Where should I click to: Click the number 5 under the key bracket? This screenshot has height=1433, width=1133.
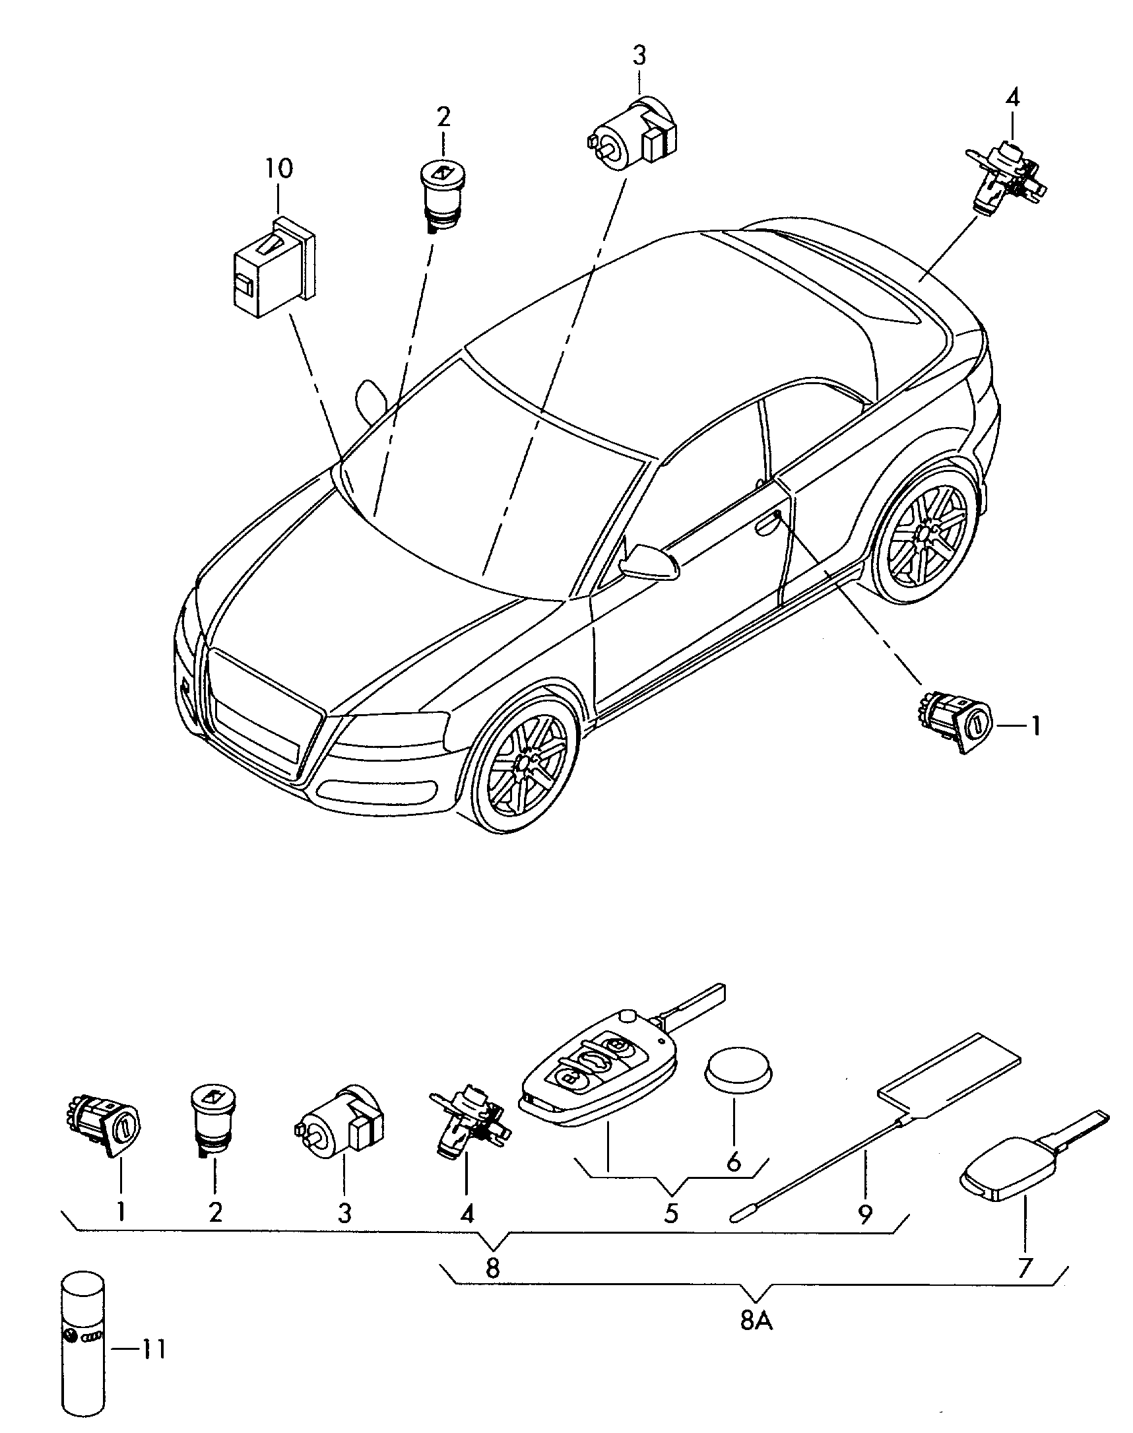pyautogui.click(x=671, y=1213)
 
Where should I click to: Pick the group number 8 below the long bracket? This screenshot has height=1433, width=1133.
pyautogui.click(x=492, y=1269)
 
